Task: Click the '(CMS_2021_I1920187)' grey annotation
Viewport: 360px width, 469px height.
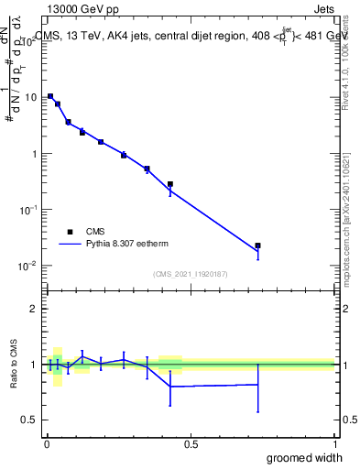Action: [190, 274]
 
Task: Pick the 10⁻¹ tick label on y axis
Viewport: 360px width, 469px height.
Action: [30, 210]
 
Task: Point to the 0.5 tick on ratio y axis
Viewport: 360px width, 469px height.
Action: [30, 420]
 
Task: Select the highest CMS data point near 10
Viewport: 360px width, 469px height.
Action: [50, 96]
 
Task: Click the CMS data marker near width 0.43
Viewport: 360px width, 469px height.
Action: [170, 184]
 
